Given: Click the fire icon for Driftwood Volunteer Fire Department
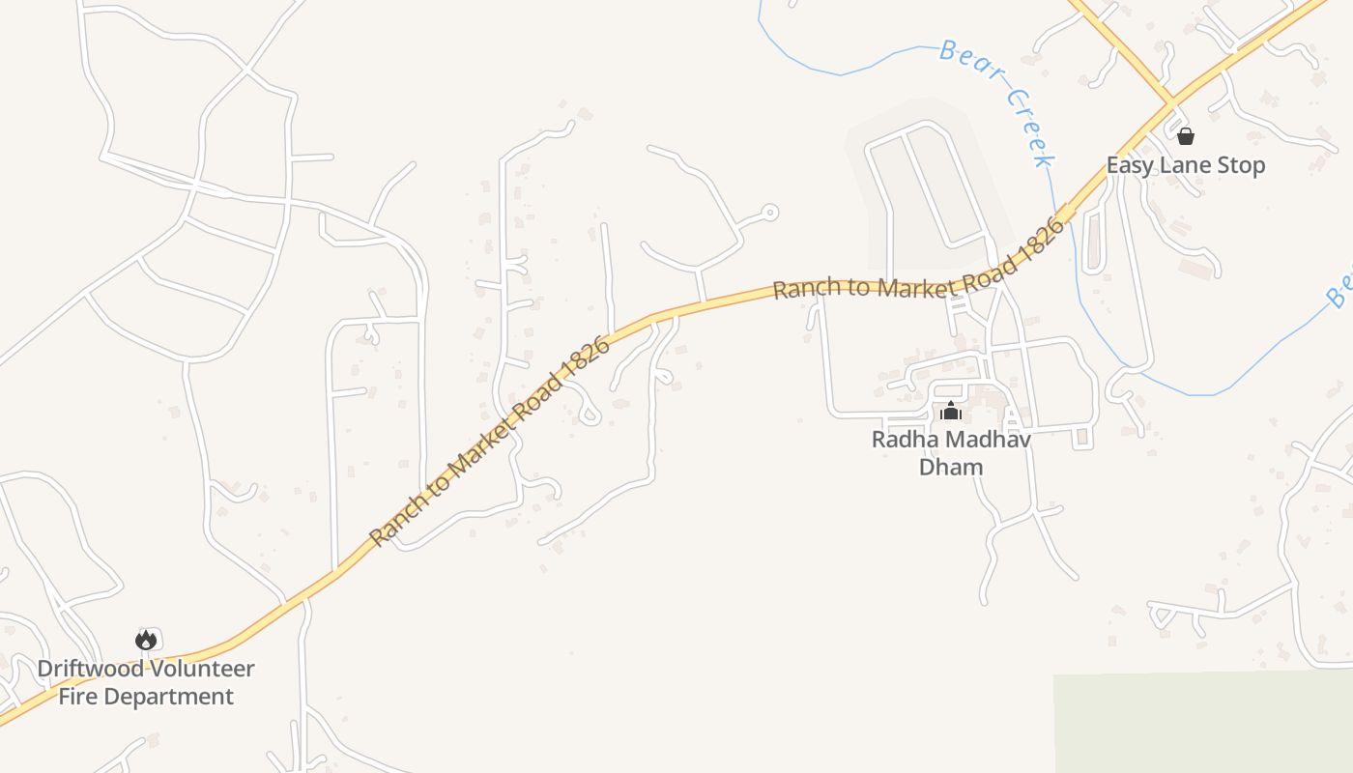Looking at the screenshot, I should click(x=146, y=640).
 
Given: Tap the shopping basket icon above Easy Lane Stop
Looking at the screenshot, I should click(x=1185, y=136).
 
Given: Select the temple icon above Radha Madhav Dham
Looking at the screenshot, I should click(x=951, y=412).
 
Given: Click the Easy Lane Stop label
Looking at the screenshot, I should click(x=1185, y=165).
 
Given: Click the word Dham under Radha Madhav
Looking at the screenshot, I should click(x=950, y=468).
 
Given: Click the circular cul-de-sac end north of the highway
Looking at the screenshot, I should click(x=770, y=212).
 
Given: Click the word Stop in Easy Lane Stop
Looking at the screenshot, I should click(x=1241, y=165).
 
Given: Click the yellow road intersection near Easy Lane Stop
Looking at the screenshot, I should click(x=1171, y=100).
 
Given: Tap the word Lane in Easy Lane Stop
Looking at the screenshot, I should click(x=1186, y=165).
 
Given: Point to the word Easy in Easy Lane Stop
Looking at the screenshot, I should click(x=1129, y=165).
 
